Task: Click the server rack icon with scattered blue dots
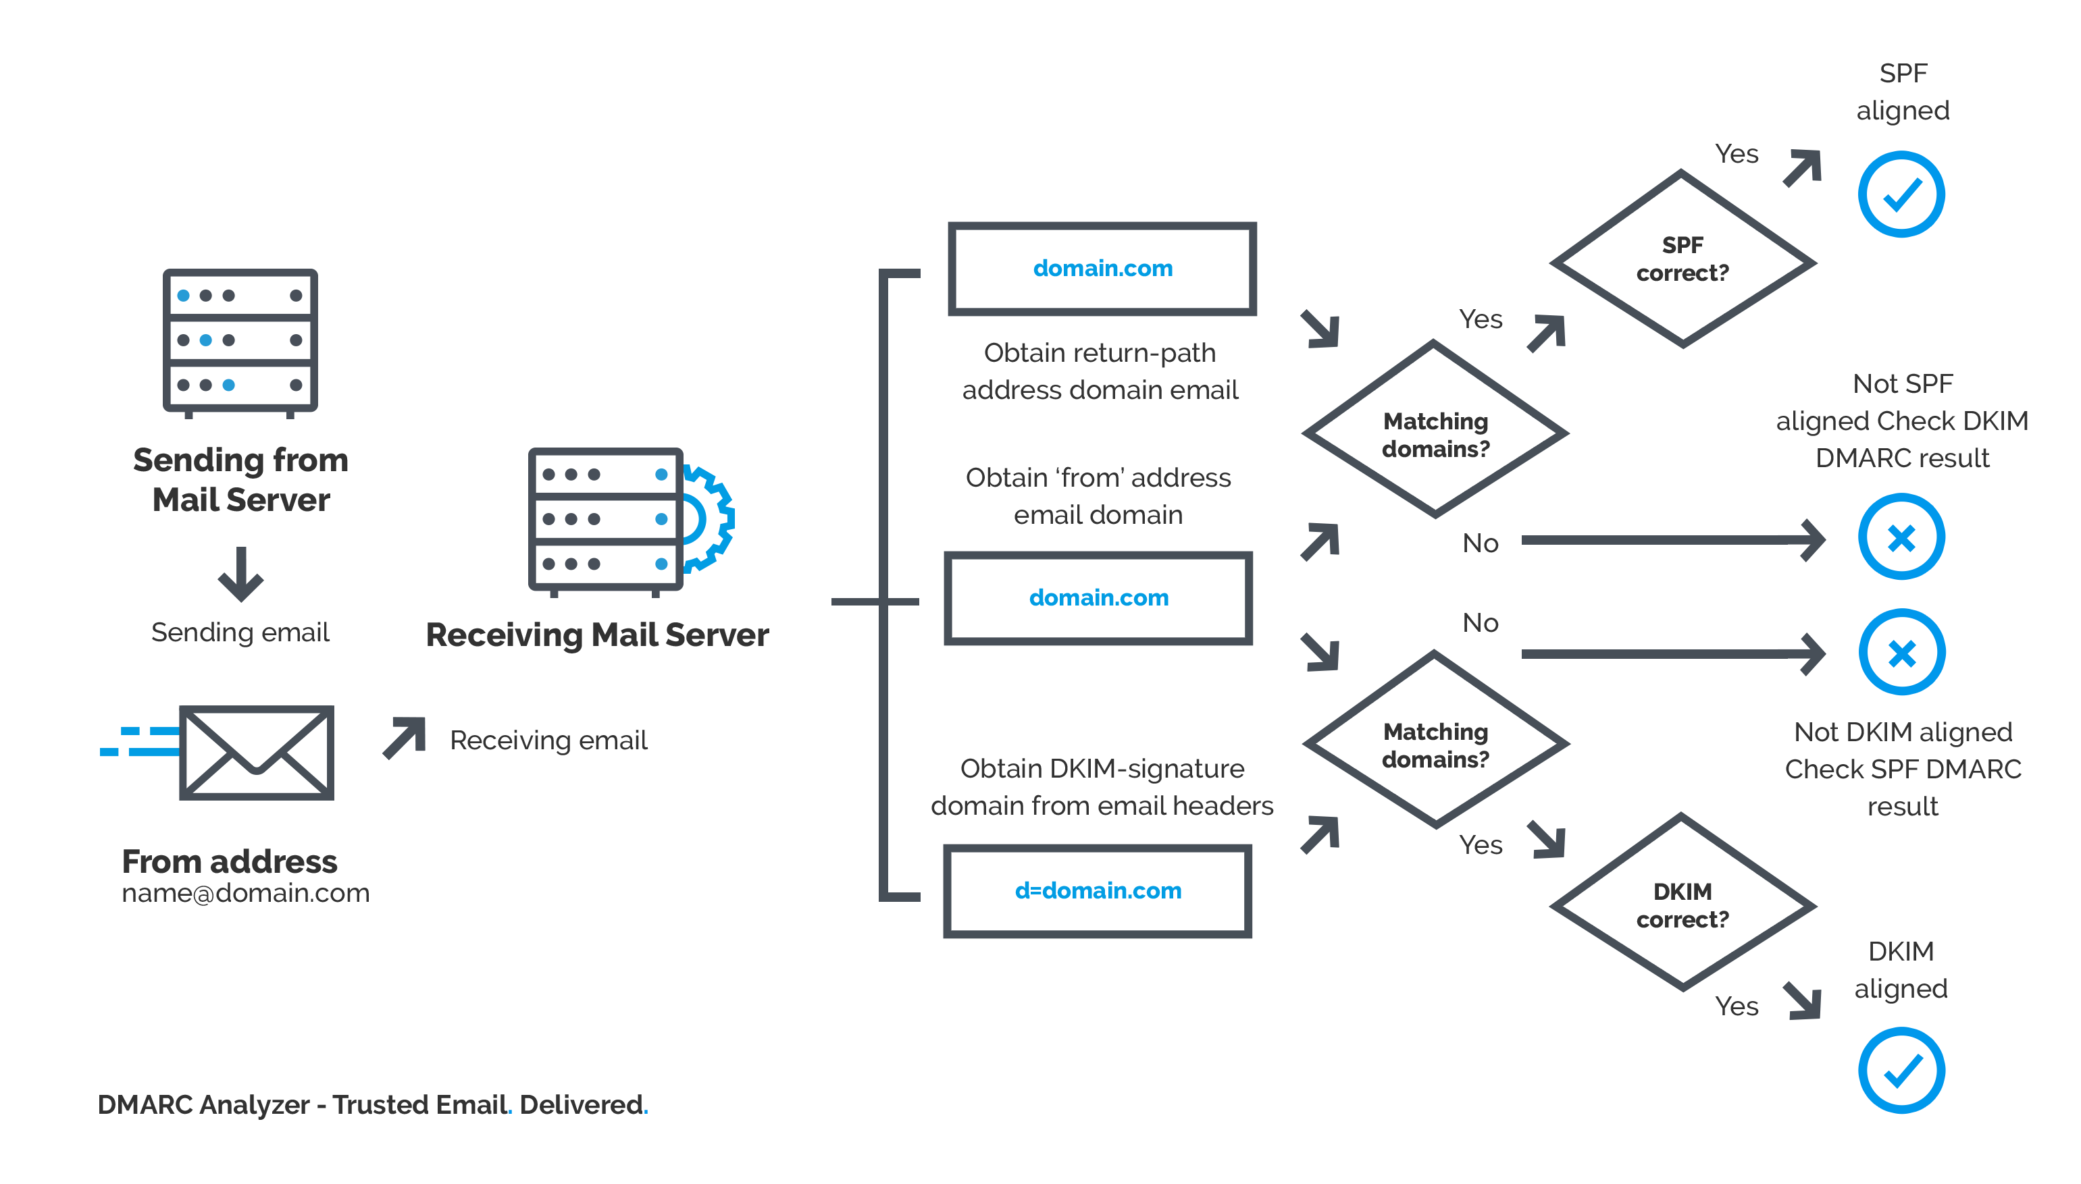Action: coord(240,342)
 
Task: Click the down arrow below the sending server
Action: coord(240,574)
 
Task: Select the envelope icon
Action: coord(256,752)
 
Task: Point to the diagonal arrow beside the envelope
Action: coord(403,738)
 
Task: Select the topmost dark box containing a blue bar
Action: coord(1102,269)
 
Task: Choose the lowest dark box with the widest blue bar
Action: coord(1098,890)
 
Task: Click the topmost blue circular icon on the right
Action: coord(1901,194)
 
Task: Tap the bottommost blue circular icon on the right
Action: coord(1901,1070)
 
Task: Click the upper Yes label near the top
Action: coord(1738,155)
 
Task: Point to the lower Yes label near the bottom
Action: coord(1738,1006)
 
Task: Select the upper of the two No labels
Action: coord(1481,543)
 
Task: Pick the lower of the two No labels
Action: coord(1481,623)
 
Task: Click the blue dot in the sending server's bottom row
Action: coord(228,385)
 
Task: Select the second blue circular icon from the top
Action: coord(1901,537)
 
